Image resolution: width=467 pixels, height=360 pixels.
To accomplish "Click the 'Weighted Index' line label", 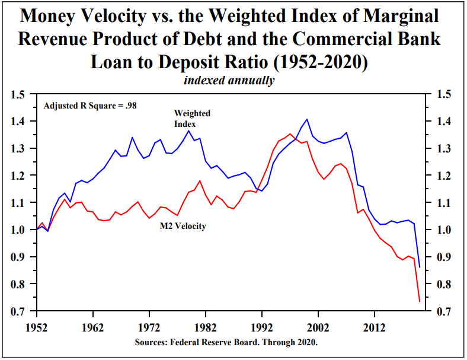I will coord(192,119).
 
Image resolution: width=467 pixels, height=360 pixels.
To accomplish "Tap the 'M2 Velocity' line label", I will coord(183,226).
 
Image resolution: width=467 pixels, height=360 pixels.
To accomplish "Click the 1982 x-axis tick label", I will coord(205,327).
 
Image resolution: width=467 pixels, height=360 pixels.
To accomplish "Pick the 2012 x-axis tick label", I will coord(373,327).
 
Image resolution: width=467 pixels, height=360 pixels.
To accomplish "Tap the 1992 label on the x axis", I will coord(261,327).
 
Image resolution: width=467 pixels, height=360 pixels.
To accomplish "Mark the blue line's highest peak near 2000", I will coord(306,119).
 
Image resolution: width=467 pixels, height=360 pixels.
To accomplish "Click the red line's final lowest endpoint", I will coord(420,302).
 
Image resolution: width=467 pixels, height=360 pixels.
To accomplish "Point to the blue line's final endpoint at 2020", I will coord(420,267).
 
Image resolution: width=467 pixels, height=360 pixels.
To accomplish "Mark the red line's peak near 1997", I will coord(290,134).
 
